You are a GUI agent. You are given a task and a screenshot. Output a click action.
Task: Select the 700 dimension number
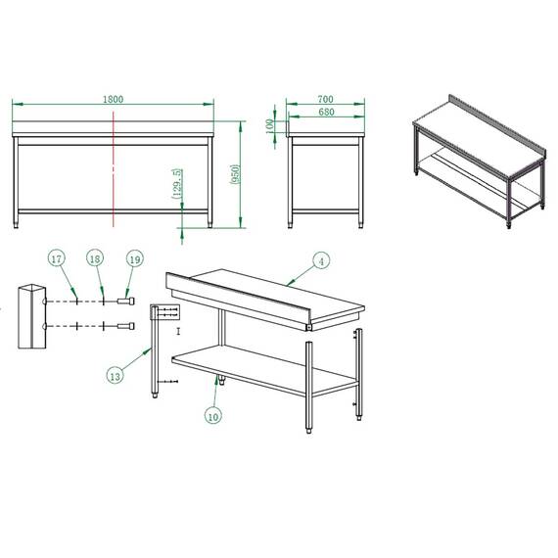click(x=326, y=99)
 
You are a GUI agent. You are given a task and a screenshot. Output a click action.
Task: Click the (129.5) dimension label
click(x=176, y=185)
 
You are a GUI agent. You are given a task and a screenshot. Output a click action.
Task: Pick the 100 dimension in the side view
click(x=271, y=124)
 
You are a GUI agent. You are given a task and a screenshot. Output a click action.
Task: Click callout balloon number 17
click(x=57, y=258)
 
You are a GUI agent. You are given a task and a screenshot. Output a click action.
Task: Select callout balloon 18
click(x=95, y=258)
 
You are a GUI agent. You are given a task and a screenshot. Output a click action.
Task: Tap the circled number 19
click(x=135, y=258)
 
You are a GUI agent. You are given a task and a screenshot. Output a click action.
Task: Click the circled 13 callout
click(x=116, y=373)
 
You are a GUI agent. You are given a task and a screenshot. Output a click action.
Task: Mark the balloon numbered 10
click(x=213, y=414)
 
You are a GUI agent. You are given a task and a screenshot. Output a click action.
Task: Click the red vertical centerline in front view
click(x=115, y=166)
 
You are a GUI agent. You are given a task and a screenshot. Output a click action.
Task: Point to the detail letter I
click(x=178, y=332)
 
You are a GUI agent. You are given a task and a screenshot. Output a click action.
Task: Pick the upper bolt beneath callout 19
click(x=124, y=302)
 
